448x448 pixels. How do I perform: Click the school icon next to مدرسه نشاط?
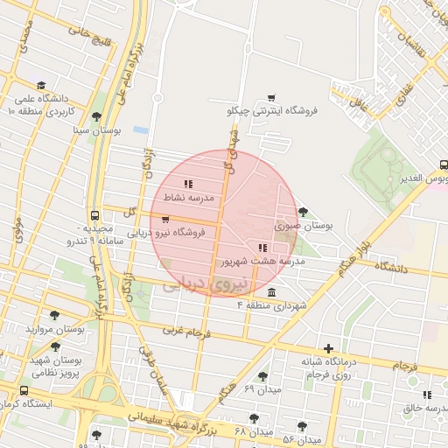[x=188, y=184]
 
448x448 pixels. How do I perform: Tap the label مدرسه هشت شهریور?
[x=262, y=261]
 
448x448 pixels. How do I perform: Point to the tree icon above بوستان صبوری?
[x=303, y=212]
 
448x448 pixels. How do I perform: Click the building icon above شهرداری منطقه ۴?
[x=271, y=291]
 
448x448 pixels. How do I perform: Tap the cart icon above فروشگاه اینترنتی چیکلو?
[x=271, y=98]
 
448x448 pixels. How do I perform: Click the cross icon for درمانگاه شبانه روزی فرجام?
[x=328, y=347]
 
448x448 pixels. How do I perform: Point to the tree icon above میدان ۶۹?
[x=262, y=375]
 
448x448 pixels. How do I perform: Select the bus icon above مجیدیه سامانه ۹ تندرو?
[x=94, y=216]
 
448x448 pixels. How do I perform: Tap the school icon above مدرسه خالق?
[x=427, y=395]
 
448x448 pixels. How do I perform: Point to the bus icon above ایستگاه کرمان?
[x=23, y=391]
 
